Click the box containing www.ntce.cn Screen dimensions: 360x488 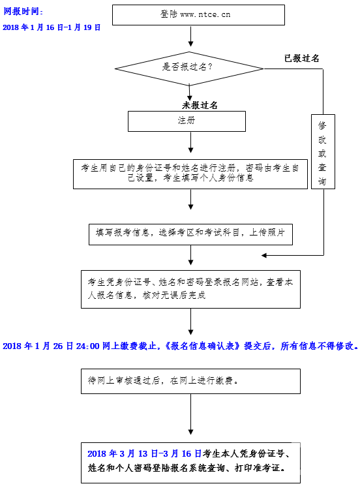click(x=198, y=15)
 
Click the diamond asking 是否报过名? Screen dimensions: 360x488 click(x=189, y=69)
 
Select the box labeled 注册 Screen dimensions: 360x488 click(x=187, y=121)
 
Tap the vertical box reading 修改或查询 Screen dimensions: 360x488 click(x=323, y=151)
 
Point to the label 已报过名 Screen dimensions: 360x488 click(x=301, y=58)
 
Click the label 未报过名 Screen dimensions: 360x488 click(x=200, y=105)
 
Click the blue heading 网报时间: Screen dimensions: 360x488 click(x=23, y=12)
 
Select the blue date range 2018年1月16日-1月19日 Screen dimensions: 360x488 click(x=52, y=27)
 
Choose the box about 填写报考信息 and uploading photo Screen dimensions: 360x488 click(x=190, y=234)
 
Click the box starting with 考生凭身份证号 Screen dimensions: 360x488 click(x=190, y=290)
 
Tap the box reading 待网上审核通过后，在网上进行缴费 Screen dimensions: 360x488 click(x=190, y=381)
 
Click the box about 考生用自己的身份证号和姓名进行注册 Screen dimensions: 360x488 click(x=190, y=174)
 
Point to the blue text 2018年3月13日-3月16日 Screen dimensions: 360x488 click(x=144, y=454)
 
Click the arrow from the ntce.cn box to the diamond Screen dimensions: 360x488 click(x=190, y=37)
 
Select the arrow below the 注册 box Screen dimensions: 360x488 click(x=190, y=142)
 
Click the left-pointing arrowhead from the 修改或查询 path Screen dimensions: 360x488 click(x=264, y=256)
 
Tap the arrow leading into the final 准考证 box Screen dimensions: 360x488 click(x=190, y=414)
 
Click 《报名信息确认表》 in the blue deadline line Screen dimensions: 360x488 click(x=203, y=346)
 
